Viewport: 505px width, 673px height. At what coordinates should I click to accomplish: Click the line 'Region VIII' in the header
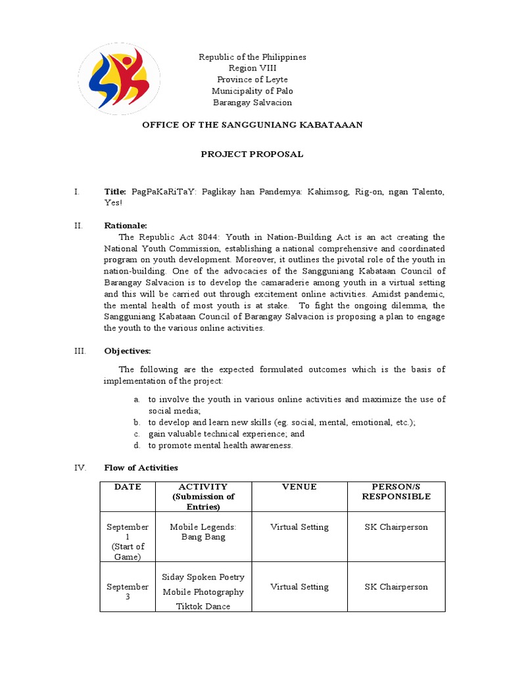pyautogui.click(x=252, y=68)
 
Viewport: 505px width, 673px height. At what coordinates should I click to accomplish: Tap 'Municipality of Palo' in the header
pyautogui.click(x=252, y=91)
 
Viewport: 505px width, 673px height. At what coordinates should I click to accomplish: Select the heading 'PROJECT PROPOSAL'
pyautogui.click(x=252, y=154)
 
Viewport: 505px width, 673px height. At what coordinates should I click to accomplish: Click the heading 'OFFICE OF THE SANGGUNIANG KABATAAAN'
pyautogui.click(x=252, y=125)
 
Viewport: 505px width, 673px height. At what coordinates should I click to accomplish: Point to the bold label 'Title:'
pyautogui.click(x=116, y=192)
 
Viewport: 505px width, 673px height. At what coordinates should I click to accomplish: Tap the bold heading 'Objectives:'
pyautogui.click(x=128, y=351)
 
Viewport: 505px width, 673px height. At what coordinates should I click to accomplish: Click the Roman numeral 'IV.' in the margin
pyautogui.click(x=80, y=468)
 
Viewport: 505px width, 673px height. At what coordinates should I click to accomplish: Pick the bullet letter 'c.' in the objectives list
pyautogui.click(x=136, y=434)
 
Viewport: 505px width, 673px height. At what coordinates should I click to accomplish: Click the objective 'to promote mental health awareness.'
pyautogui.click(x=220, y=446)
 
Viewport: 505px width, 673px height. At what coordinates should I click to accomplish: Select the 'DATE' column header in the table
pyautogui.click(x=128, y=487)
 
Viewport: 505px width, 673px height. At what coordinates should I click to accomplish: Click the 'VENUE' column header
pyautogui.click(x=299, y=487)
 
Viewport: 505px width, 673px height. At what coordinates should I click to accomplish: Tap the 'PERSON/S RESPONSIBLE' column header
pyautogui.click(x=396, y=492)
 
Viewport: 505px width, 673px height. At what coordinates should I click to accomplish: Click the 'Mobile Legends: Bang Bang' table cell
pyautogui.click(x=203, y=532)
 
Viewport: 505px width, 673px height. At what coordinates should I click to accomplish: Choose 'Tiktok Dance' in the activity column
pyautogui.click(x=203, y=607)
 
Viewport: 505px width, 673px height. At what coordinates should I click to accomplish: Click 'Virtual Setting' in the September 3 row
pyautogui.click(x=299, y=587)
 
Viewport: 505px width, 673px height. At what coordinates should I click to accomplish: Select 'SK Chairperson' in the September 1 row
pyautogui.click(x=396, y=527)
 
